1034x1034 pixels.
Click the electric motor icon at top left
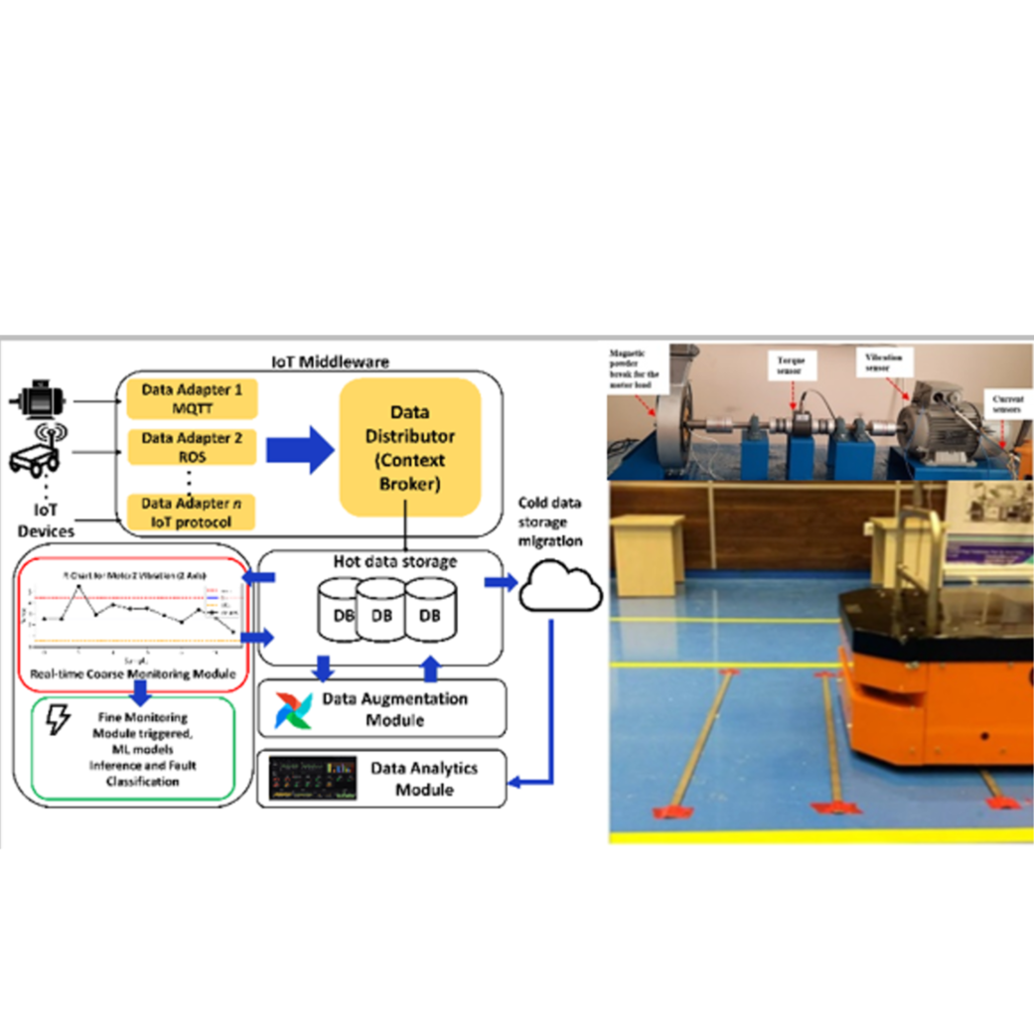[37, 399]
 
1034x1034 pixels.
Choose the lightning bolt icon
[60, 722]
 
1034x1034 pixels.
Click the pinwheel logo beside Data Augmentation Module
[294, 711]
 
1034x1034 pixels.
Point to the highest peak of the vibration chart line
[79, 587]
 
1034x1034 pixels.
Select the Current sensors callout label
[1010, 403]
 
